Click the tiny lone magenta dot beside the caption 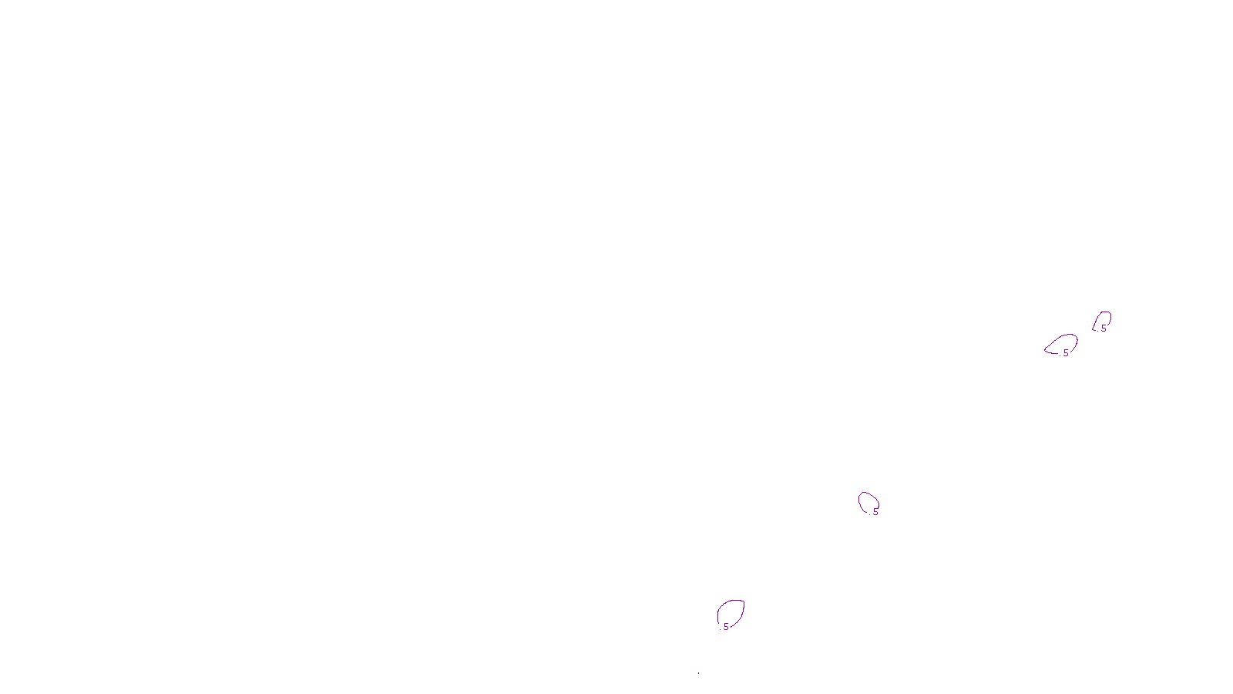pyautogui.click(x=698, y=673)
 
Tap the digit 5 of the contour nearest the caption pyautogui.click(x=726, y=627)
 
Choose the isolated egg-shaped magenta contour pyautogui.click(x=868, y=502)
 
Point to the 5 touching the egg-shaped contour pyautogui.click(x=875, y=511)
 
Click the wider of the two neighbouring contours pyautogui.click(x=1063, y=344)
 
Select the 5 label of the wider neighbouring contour pyautogui.click(x=1066, y=352)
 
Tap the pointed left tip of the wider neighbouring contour pyautogui.click(x=1046, y=350)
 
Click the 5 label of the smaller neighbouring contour pyautogui.click(x=1104, y=328)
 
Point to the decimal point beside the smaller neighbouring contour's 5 pyautogui.click(x=1098, y=330)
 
